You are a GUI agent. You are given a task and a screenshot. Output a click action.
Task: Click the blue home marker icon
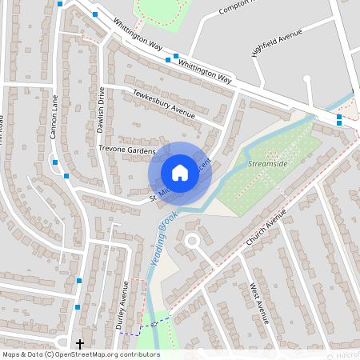(180, 172)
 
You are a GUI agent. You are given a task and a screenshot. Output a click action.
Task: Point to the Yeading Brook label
(163, 233)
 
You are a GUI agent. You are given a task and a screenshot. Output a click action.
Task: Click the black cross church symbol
(79, 344)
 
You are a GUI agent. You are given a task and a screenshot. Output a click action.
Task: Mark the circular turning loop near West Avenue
(191, 241)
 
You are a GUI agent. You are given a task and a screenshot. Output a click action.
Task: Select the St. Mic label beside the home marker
(157, 194)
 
